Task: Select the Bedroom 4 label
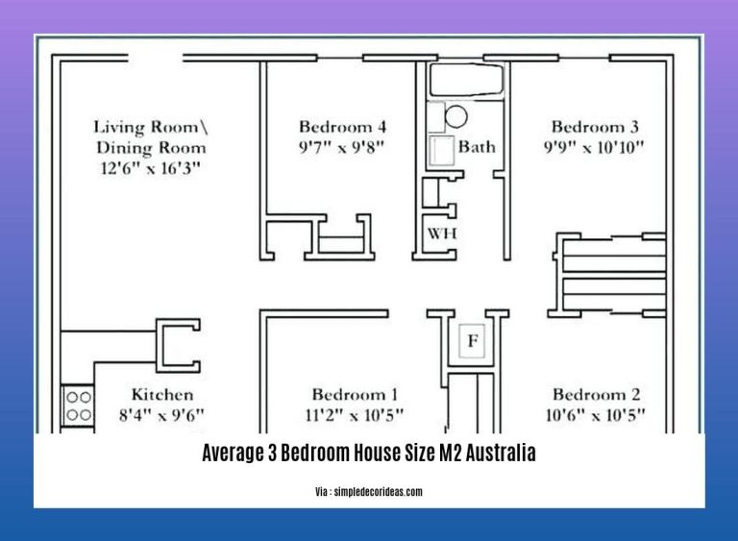pyautogui.click(x=342, y=127)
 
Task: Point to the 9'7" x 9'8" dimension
pyautogui.click(x=342, y=148)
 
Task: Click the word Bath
pyautogui.click(x=477, y=147)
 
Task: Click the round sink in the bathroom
pyautogui.click(x=455, y=117)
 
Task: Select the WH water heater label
pyautogui.click(x=441, y=234)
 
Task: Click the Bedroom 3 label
pyautogui.click(x=596, y=127)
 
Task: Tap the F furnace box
pyautogui.click(x=472, y=341)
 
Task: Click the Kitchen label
pyautogui.click(x=162, y=395)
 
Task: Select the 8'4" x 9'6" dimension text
pyautogui.click(x=162, y=416)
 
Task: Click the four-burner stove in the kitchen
pyautogui.click(x=78, y=406)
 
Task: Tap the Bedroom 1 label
pyautogui.click(x=355, y=395)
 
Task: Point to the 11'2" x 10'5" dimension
pyautogui.click(x=355, y=416)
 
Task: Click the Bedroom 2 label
pyautogui.click(x=597, y=395)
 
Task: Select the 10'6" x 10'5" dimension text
pyautogui.click(x=597, y=416)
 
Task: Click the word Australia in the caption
pyautogui.click(x=502, y=455)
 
